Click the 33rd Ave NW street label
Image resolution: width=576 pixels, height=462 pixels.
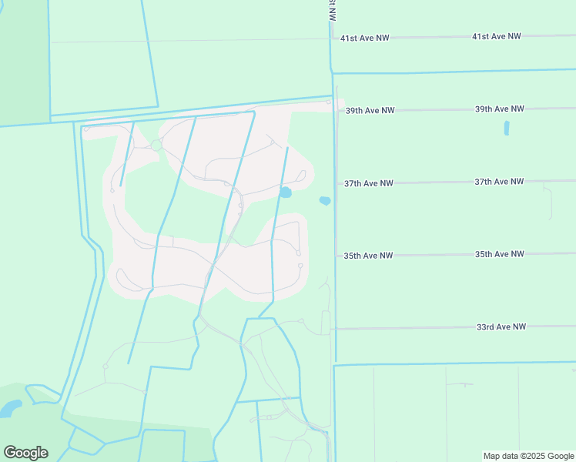coord(501,327)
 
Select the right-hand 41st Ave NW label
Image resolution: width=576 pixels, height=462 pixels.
coord(497,36)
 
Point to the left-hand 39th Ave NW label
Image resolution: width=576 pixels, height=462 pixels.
coord(370,111)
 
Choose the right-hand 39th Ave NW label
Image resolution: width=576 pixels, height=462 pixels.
coord(500,109)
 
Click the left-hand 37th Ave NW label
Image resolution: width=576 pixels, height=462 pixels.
coord(369,183)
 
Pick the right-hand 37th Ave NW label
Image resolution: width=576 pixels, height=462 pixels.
coord(499,182)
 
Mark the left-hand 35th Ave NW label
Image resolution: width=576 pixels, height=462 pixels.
coord(368,256)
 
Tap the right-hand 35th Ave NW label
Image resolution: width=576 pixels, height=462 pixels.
coord(499,254)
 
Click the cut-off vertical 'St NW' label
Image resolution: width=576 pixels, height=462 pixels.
coord(332,10)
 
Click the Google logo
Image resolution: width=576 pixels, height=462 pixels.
coord(25,453)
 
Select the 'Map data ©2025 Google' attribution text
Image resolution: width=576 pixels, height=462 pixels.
coord(527,456)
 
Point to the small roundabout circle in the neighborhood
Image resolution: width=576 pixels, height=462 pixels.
coord(156,145)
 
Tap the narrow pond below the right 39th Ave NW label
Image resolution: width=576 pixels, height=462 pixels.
coord(507,129)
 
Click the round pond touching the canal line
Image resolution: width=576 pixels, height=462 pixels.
coord(286,192)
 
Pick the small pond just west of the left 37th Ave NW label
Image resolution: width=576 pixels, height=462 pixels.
coord(325,201)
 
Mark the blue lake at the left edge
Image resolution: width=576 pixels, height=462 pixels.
coord(10,408)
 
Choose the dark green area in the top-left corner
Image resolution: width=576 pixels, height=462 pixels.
coord(23,62)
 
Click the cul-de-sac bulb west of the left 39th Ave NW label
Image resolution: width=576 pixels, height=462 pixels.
coord(329,102)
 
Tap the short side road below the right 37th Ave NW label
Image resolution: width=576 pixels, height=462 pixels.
coord(550,200)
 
